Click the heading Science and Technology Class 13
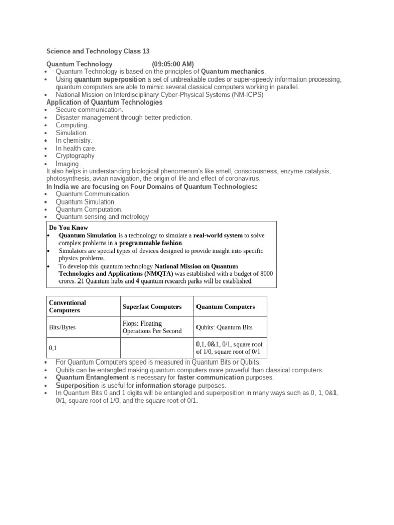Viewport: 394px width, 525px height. coord(97,51)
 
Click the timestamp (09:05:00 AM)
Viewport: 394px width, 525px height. coord(173,64)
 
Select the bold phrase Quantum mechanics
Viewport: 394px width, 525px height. coord(232,71)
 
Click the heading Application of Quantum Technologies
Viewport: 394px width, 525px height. coord(104,103)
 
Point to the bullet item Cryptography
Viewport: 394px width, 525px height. coord(75,156)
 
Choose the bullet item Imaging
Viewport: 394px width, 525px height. coord(68,164)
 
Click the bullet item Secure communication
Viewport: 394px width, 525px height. coord(89,110)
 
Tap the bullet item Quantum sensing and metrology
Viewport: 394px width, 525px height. coord(103,217)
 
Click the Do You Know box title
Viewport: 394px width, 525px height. coord(68,227)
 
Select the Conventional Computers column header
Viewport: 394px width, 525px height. coord(67,307)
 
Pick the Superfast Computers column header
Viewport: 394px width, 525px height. coord(152,307)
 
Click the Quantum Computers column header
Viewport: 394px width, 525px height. coord(225,307)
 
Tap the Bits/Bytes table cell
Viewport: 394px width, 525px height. coord(62,328)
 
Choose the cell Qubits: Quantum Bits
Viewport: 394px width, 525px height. coord(224,328)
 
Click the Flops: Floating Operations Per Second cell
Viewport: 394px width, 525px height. coord(152,327)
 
